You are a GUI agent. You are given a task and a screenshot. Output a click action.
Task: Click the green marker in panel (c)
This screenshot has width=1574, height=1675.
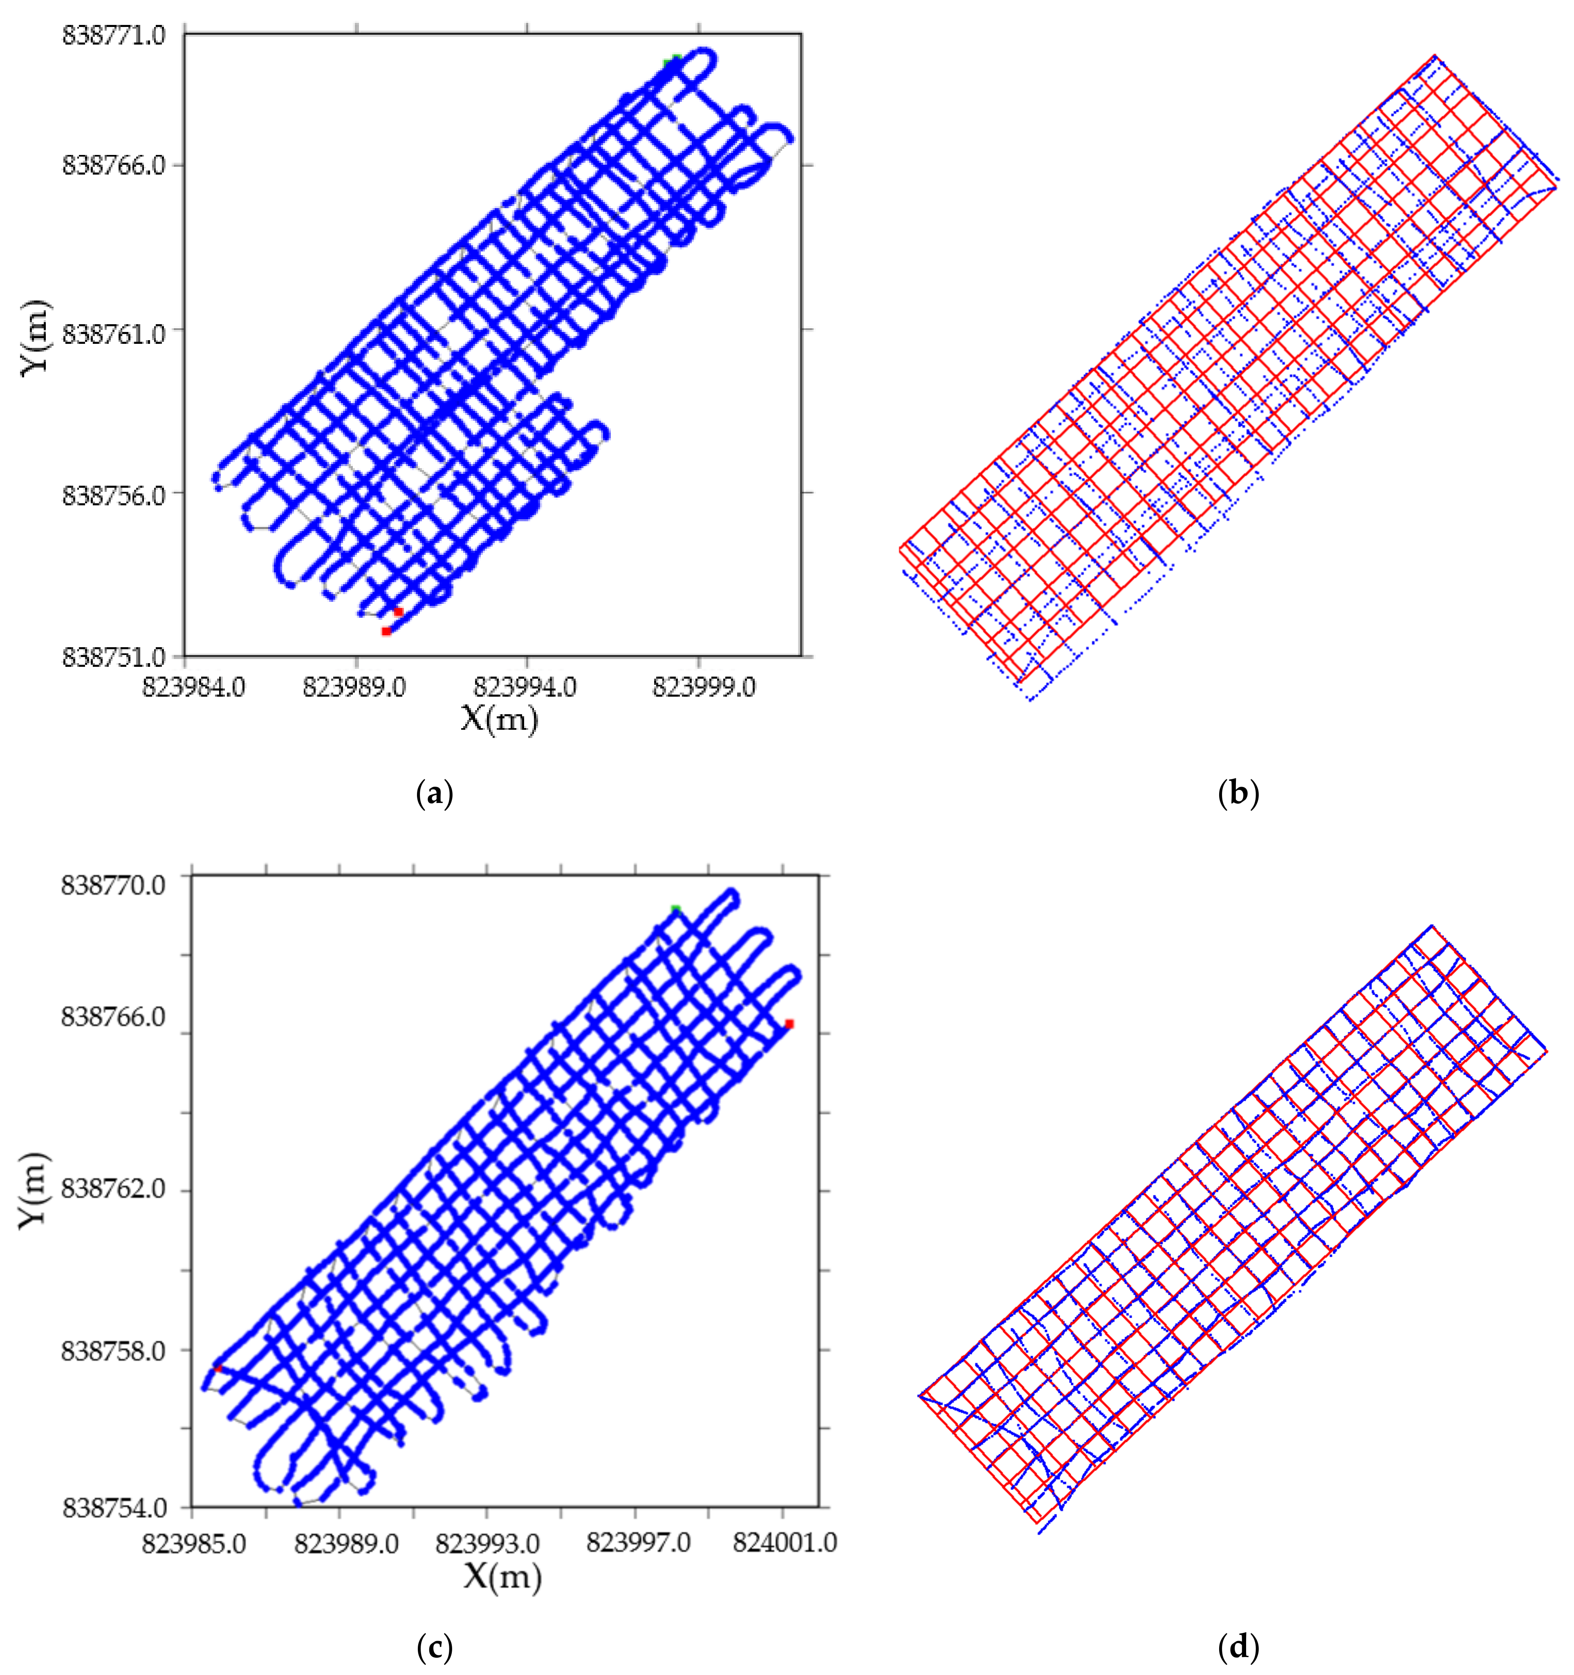(x=675, y=909)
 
